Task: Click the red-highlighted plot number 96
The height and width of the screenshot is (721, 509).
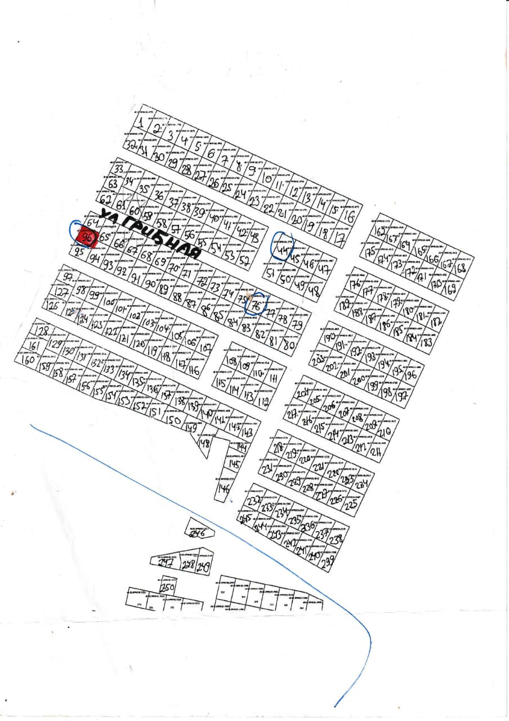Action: tap(87, 237)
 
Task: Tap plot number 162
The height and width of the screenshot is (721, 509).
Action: tap(380, 231)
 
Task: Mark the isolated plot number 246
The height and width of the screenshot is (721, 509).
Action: tap(196, 531)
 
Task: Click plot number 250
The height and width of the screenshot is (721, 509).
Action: tap(167, 588)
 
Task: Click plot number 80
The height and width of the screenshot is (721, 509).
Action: tap(290, 344)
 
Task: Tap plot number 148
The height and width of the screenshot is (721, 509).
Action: tap(204, 443)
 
